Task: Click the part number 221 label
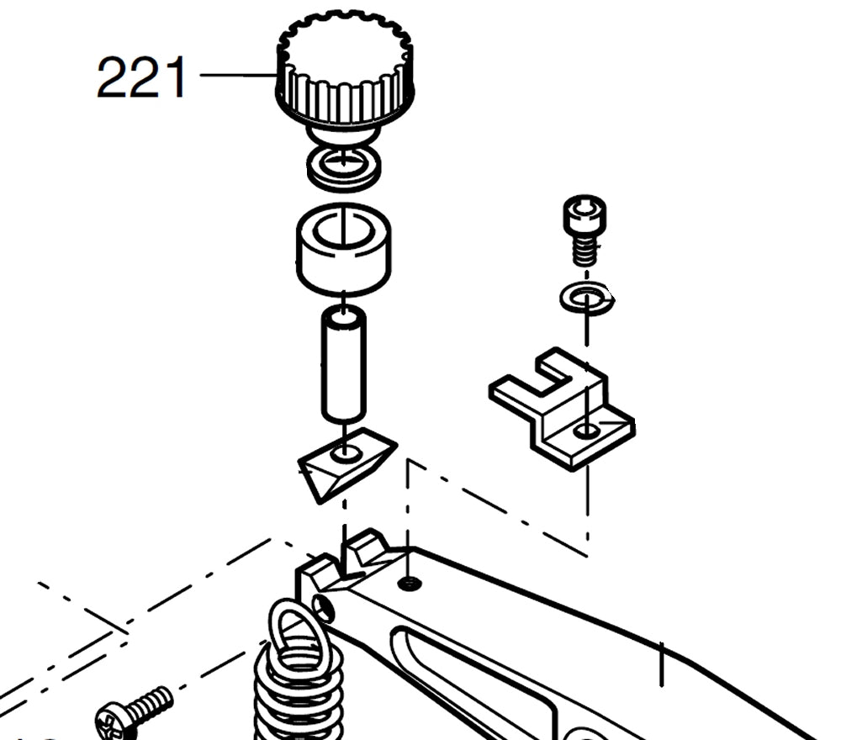coord(140,77)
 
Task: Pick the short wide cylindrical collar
coord(343,251)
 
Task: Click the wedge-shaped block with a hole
coord(345,462)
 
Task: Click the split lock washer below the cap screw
coord(587,298)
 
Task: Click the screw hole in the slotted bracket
coord(587,431)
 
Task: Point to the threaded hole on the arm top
coord(409,583)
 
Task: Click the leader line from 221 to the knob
coord(238,76)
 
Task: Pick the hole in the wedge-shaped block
coord(346,454)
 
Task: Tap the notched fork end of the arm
coord(345,559)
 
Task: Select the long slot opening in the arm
coord(471,664)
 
